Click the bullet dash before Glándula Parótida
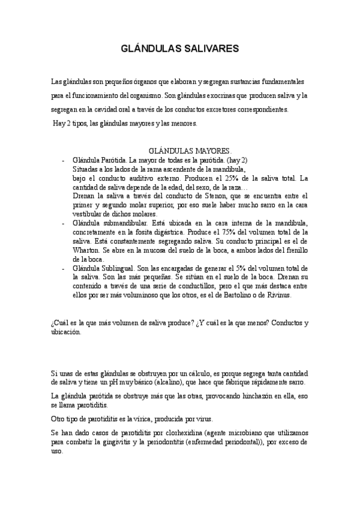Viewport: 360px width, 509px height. tap(63, 161)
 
